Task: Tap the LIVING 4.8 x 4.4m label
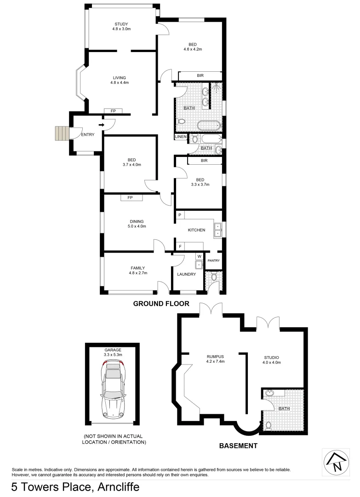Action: coord(121,80)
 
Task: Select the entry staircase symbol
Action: coord(61,133)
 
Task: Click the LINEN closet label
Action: coord(181,137)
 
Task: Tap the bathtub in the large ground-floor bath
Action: coord(210,125)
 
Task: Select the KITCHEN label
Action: coord(196,230)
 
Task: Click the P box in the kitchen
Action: coord(180,215)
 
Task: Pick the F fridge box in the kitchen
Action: coord(180,247)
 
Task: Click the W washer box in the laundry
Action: coord(199,256)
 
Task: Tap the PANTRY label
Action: coord(213,260)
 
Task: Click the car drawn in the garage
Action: coord(113,389)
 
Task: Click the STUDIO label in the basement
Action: coord(271,358)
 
